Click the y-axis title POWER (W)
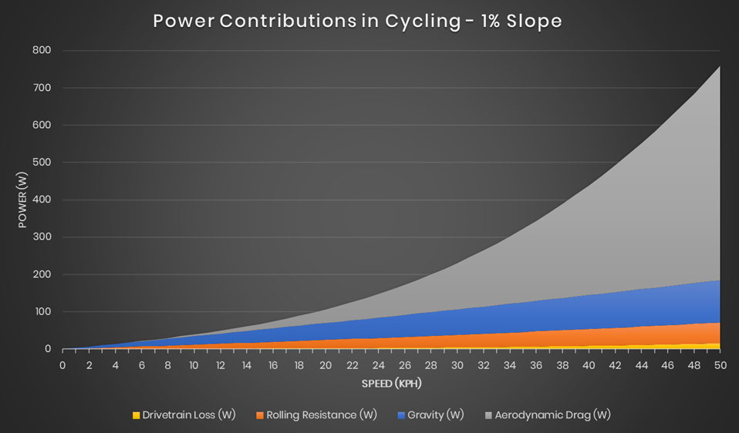tap(22, 200)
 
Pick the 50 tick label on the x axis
tap(720, 364)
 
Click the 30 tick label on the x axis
tap(457, 364)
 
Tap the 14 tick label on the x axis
tap(246, 364)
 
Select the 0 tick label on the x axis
tap(62, 364)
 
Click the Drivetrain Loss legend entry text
tap(189, 415)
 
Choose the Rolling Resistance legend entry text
tap(322, 415)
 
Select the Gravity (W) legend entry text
tap(436, 415)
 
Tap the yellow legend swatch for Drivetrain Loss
tap(136, 415)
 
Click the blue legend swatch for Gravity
tap(401, 415)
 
